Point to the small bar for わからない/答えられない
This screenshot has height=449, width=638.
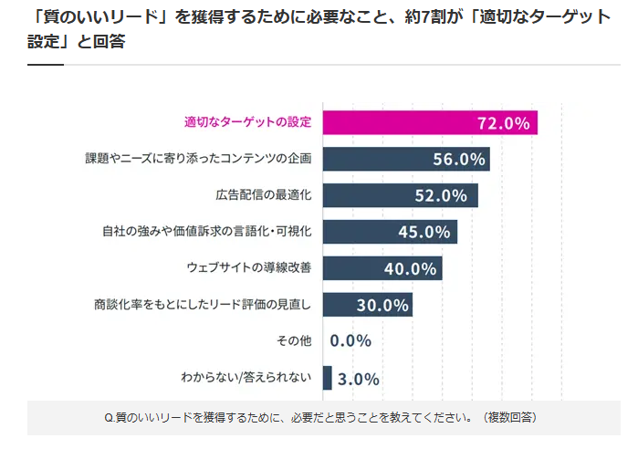(328, 378)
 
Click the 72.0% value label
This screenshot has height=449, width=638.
(503, 123)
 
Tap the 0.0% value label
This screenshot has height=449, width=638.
(350, 341)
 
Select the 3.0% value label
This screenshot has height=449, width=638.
(358, 379)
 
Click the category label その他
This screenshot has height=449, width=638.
(294, 340)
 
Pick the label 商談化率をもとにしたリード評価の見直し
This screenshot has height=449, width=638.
(203, 304)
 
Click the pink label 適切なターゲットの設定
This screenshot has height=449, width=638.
(247, 122)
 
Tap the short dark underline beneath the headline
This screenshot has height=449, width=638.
(46, 65)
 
